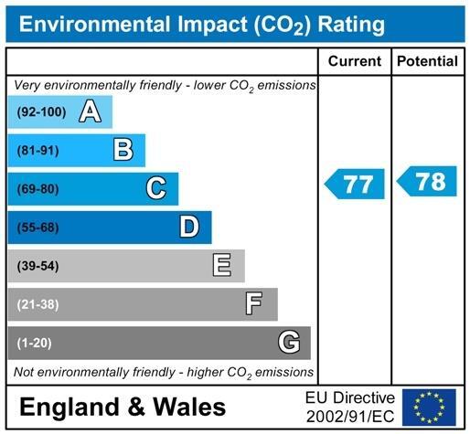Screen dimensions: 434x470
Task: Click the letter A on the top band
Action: click(90, 111)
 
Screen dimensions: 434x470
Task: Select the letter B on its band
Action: click(123, 150)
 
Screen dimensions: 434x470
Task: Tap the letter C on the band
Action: click(156, 188)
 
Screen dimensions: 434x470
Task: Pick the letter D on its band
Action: click(189, 227)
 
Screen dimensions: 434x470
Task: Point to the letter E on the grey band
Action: click(221, 266)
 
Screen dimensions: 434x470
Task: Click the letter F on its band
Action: click(254, 304)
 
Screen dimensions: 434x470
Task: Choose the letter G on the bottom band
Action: click(288, 343)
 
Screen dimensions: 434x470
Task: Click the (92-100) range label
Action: click(42, 112)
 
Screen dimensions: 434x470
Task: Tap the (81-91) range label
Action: click(38, 151)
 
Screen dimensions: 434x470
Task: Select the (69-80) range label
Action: click(38, 189)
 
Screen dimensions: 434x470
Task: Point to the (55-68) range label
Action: click(38, 228)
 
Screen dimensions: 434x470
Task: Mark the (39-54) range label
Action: click(38, 266)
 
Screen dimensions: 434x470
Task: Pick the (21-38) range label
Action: click(38, 304)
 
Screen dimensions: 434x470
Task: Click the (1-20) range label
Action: click(36, 343)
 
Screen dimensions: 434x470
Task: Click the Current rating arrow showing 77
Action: click(355, 185)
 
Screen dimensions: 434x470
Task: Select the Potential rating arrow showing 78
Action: click(427, 181)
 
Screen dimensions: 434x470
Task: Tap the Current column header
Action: click(354, 61)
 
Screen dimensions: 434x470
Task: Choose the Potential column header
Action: click(427, 61)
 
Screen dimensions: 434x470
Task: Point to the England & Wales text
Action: click(122, 407)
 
